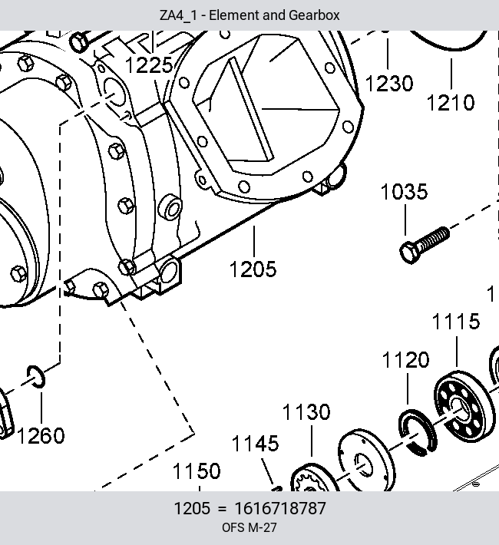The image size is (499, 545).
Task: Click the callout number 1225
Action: pyautogui.click(x=149, y=65)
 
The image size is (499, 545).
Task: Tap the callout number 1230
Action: pyautogui.click(x=389, y=84)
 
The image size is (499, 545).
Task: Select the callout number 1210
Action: pyautogui.click(x=451, y=103)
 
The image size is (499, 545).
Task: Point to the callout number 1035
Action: pyautogui.click(x=404, y=191)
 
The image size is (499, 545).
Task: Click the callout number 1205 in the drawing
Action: pyautogui.click(x=253, y=269)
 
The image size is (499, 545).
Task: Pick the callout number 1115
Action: pyautogui.click(x=456, y=321)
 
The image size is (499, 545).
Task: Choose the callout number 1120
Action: pyautogui.click(x=406, y=360)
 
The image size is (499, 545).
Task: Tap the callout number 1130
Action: pyautogui.click(x=306, y=412)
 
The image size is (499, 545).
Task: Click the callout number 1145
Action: pyautogui.click(x=255, y=444)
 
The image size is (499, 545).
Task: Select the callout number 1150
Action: pyautogui.click(x=197, y=471)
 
